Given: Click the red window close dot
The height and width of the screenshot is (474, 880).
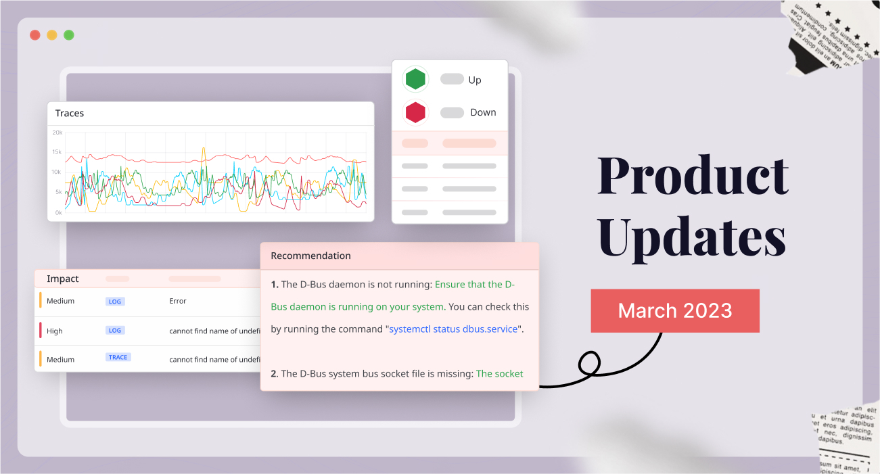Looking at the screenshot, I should pyautogui.click(x=34, y=35).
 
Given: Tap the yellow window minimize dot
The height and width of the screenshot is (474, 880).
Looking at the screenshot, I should pyautogui.click(x=51, y=35).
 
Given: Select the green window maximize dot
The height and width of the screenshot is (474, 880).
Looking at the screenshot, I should pyautogui.click(x=69, y=35).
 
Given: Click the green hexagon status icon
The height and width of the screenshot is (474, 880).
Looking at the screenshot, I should pyautogui.click(x=415, y=80).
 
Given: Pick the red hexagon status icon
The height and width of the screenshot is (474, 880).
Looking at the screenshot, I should pyautogui.click(x=415, y=112).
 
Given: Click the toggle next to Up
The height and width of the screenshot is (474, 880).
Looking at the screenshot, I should pyautogui.click(x=452, y=79).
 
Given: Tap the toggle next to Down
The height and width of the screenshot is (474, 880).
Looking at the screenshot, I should pyautogui.click(x=452, y=112).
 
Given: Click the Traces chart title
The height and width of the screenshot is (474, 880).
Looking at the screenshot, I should pyautogui.click(x=70, y=113).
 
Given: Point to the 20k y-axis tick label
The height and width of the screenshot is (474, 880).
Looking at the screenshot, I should pyautogui.click(x=57, y=133).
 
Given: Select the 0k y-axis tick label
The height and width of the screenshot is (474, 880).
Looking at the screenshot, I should pyautogui.click(x=58, y=212).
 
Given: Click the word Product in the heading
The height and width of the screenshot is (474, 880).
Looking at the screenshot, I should pyautogui.click(x=693, y=176).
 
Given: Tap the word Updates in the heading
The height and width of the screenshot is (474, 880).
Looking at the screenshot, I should pyautogui.click(x=692, y=237).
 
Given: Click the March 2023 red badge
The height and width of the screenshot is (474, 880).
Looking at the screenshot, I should pyautogui.click(x=675, y=310).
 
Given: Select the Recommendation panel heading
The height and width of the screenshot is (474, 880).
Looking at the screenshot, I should pyautogui.click(x=310, y=256).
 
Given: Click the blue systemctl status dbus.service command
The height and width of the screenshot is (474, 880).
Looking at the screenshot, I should pyautogui.click(x=452, y=329).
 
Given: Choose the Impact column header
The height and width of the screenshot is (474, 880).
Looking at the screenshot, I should pyautogui.click(x=63, y=279).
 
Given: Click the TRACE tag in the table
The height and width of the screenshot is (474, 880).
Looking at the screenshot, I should pyautogui.click(x=118, y=357).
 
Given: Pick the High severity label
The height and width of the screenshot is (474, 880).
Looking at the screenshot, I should pyautogui.click(x=55, y=331).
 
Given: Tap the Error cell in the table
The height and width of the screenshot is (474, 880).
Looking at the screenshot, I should pyautogui.click(x=178, y=301).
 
